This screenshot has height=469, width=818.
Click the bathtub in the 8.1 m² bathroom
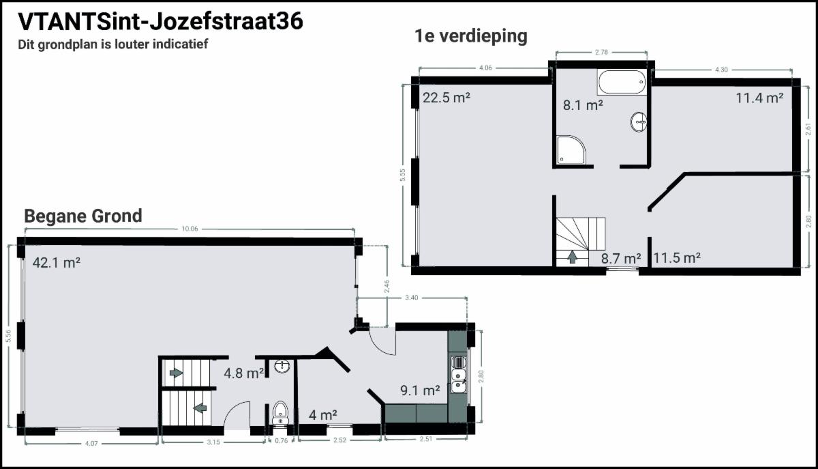622,82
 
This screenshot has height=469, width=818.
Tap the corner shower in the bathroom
571,150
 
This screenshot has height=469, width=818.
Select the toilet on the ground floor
280,413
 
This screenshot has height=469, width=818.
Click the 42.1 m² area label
57,263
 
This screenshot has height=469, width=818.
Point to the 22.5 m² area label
446,98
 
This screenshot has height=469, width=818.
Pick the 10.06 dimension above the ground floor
190,229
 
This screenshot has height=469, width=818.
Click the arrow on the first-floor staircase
573,257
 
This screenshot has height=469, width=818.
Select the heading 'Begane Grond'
83,216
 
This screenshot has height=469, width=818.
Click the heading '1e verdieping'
471,36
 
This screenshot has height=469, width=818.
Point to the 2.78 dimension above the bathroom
601,53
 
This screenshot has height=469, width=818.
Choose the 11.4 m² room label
759,98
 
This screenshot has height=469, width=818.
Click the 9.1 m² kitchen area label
420,390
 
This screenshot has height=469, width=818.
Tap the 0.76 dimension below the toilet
281,441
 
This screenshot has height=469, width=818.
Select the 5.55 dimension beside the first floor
402,175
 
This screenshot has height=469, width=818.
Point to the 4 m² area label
323,415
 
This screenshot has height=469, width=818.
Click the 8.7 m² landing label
621,259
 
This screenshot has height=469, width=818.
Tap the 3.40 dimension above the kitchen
412,298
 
